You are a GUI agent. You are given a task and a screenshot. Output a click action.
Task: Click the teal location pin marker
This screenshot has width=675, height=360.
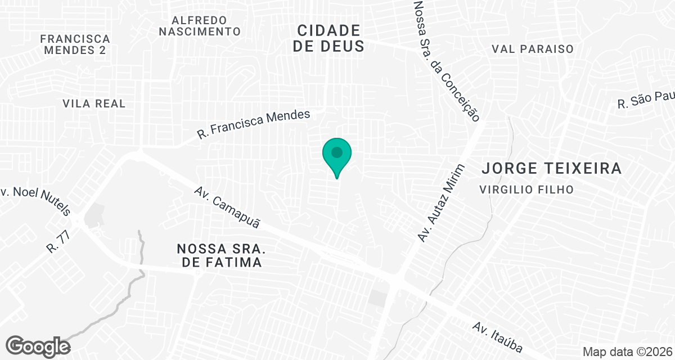[x=337, y=157]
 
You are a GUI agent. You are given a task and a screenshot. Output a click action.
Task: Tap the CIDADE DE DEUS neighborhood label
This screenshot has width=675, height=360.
[x=328, y=38]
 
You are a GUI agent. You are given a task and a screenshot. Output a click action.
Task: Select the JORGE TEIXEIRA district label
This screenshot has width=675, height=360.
[x=552, y=168]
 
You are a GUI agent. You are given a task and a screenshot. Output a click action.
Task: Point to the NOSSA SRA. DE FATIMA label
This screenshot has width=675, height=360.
[x=219, y=255]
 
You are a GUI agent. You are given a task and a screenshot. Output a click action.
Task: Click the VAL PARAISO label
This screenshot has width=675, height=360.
[x=532, y=49]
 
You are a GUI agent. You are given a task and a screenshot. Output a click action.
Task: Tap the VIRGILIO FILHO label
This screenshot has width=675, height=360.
[x=526, y=190]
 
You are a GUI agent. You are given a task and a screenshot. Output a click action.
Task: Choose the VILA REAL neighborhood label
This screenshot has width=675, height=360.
[x=94, y=104]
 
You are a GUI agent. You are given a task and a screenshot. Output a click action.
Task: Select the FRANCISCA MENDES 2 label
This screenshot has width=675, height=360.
[x=75, y=44]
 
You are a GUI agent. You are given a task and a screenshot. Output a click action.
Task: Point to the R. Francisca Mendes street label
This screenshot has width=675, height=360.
[x=254, y=124]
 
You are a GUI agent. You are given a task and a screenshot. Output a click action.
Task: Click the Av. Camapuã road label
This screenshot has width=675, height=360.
[x=228, y=208]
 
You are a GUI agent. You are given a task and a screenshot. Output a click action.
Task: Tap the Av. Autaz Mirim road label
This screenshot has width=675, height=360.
[x=442, y=203]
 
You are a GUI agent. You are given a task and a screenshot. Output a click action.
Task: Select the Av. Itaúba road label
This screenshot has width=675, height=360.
[x=498, y=336]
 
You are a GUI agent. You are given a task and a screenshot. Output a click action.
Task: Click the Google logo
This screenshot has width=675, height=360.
[x=38, y=346]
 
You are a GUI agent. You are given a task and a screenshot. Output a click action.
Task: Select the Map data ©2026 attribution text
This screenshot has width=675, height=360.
[x=627, y=352]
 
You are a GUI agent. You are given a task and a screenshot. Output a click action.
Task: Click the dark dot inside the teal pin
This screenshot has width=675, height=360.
[x=337, y=152]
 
